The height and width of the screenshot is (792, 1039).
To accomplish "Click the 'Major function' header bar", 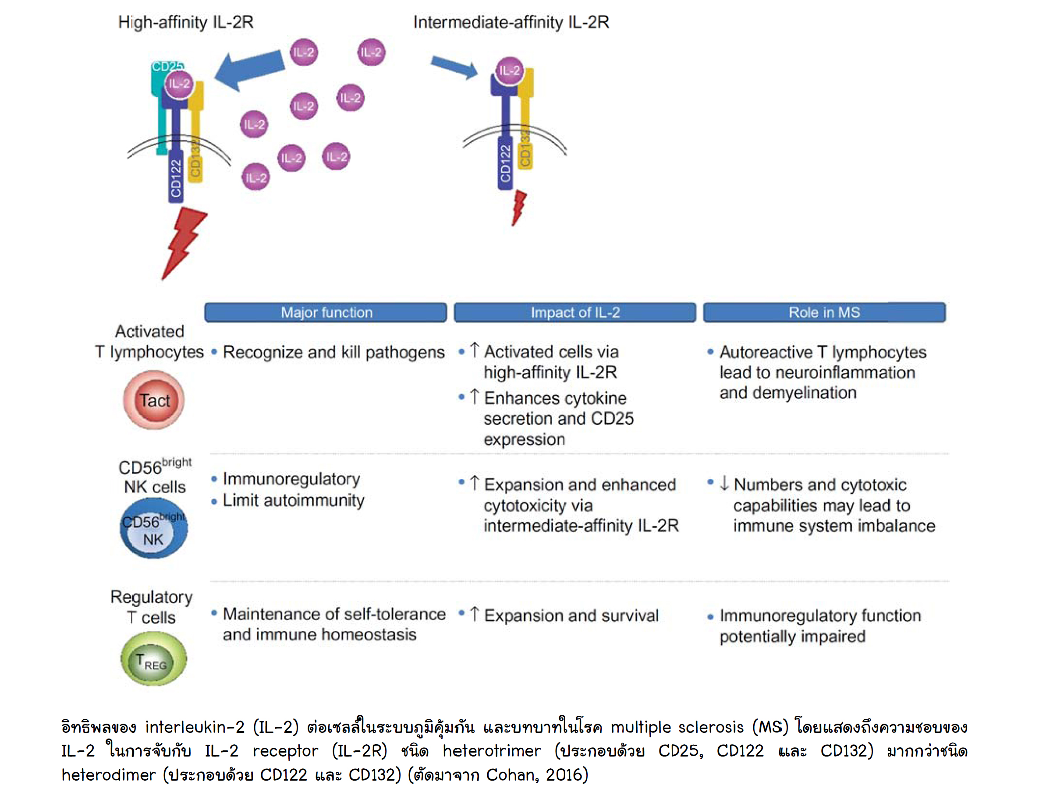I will coord(326,313).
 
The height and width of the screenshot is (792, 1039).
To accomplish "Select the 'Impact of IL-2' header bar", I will coord(574,313).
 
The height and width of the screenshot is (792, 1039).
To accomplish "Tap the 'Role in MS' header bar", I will coord(824,313).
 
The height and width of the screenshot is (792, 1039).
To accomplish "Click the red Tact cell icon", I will coord(154,400).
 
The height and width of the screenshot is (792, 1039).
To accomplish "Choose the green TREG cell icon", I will coord(153,659).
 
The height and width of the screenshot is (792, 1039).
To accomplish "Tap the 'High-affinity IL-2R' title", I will coord(186,22).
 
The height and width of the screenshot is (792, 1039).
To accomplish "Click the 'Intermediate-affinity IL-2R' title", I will coord(511,22).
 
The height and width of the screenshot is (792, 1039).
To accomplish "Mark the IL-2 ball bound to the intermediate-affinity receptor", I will coord(509,71).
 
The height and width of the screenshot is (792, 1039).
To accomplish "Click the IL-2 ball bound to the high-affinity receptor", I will coord(179,84).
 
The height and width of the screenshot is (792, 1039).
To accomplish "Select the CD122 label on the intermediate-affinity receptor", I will coord(505,163).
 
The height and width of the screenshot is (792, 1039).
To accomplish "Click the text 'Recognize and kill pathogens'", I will coord(333,352).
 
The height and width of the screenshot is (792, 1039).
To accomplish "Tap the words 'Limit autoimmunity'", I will coord(293,500).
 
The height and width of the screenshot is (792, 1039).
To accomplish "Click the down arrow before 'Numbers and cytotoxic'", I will coord(724,483).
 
